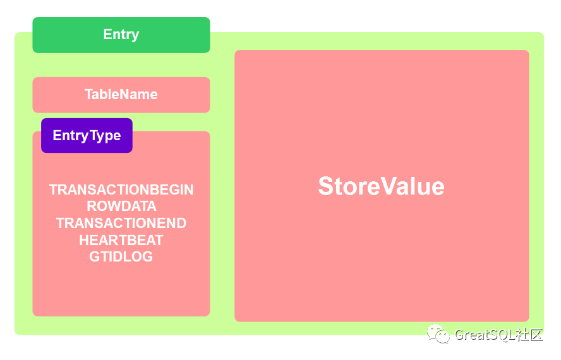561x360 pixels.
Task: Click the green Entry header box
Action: (121, 35)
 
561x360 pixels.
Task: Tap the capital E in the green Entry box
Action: (107, 34)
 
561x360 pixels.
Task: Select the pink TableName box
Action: (121, 95)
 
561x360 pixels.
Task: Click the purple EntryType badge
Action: (87, 136)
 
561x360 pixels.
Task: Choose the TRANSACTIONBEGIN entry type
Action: (121, 189)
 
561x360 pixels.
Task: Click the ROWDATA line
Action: (121, 207)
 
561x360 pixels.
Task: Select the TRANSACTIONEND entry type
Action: (121, 224)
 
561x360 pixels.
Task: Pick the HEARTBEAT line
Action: (121, 240)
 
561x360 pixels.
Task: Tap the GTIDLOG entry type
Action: (121, 256)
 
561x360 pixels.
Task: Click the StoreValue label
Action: (382, 186)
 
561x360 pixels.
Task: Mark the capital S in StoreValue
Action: (326, 186)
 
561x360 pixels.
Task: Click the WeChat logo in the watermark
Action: (438, 334)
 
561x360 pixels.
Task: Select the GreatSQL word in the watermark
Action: (485, 335)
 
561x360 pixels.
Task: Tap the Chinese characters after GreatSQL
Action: (529, 335)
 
